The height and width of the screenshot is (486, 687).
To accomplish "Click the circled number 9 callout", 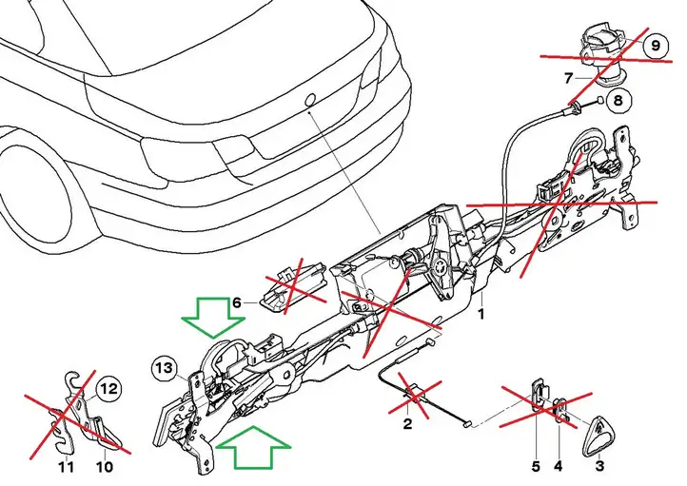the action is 656,45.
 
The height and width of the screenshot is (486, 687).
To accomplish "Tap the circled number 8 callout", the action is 618,101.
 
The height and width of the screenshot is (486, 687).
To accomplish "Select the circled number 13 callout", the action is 165,368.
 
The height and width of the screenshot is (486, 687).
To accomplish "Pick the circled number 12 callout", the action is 109,389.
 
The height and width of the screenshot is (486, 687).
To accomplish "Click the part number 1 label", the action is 481,314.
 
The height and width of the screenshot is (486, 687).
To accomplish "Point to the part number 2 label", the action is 407,424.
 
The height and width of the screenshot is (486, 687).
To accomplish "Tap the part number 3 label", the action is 599,465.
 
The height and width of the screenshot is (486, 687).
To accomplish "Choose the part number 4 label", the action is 559,466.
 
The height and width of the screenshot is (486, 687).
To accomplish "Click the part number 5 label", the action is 536,466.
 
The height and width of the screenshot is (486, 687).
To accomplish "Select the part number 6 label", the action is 237,302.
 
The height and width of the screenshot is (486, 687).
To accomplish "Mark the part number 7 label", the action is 568,78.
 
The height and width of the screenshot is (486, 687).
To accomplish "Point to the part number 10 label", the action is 105,467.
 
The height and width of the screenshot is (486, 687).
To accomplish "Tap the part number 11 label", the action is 67,467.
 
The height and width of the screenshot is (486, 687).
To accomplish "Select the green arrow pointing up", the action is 253,447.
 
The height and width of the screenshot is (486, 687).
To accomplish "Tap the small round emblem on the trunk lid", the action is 310,100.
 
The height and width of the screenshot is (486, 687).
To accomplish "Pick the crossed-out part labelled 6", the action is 293,287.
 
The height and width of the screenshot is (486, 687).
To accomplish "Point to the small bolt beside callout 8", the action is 599,101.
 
